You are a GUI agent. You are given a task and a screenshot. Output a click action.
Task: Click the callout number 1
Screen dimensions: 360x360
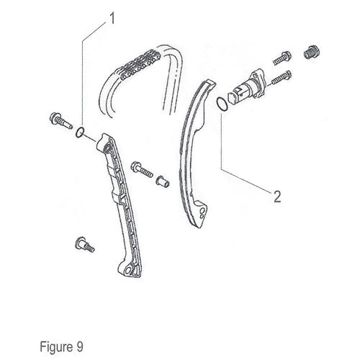point(112,19)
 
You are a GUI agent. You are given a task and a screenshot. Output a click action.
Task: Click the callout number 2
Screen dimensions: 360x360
point(277,197)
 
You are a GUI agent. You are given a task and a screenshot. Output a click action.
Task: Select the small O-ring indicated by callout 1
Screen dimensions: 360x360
point(80,132)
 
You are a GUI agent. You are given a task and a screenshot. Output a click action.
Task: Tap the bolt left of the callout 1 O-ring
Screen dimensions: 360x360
point(60,120)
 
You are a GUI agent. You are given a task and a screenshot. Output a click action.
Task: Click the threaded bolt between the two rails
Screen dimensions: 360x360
point(142,168)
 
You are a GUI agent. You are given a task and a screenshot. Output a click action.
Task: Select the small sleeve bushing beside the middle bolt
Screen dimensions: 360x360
point(163,181)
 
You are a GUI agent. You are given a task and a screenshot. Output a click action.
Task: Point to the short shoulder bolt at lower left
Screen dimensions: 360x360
point(85,244)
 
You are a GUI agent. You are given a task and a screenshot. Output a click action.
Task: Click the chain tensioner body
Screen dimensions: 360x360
point(246,86)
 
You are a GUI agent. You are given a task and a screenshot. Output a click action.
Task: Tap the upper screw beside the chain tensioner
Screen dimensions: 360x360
point(282,58)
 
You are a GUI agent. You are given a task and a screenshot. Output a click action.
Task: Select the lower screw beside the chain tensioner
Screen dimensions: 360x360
point(282,78)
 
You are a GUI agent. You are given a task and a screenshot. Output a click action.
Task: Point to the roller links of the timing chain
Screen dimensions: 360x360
point(138,65)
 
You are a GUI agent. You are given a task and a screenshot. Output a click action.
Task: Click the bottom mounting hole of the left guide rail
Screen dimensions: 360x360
point(129,270)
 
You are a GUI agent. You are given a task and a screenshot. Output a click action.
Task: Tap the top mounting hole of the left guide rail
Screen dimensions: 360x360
point(107,147)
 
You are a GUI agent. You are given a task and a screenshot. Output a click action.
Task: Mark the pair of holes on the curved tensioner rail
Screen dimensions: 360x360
point(202,213)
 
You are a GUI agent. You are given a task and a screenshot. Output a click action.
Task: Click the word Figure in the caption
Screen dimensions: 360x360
point(56,347)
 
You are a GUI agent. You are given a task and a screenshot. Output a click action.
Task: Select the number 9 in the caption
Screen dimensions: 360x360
point(80,346)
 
